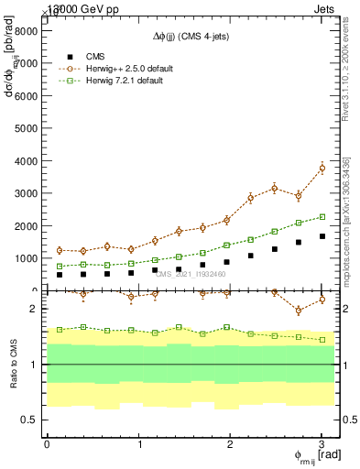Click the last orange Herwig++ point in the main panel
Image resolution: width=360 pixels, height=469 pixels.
tap(322, 169)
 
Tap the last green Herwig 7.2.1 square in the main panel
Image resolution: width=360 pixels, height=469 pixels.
tap(322, 217)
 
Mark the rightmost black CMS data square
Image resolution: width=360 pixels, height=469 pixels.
tap(322, 236)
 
